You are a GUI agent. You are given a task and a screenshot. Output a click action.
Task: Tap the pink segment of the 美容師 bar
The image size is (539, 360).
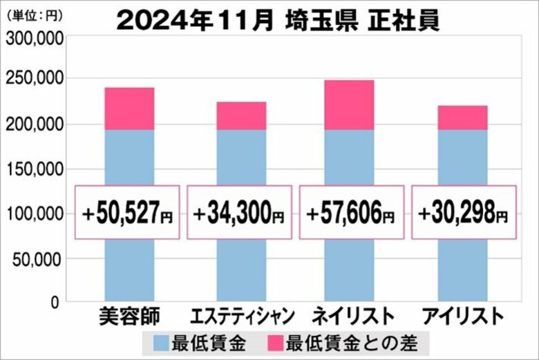pyautogui.click(x=129, y=108)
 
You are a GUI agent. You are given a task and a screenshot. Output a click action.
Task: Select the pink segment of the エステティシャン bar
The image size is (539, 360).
pyautogui.click(x=241, y=115)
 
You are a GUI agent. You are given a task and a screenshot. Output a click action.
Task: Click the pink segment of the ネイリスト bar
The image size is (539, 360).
pyautogui.click(x=350, y=105)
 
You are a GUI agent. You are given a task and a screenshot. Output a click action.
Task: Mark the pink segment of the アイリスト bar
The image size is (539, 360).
pyautogui.click(x=463, y=117)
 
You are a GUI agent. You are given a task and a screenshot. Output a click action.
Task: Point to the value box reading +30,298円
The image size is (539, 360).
pyautogui.click(x=464, y=213)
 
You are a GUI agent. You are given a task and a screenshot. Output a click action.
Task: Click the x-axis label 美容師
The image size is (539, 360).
pyautogui.click(x=129, y=317)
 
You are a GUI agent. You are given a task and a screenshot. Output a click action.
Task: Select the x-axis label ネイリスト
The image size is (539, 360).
pyautogui.click(x=352, y=317)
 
